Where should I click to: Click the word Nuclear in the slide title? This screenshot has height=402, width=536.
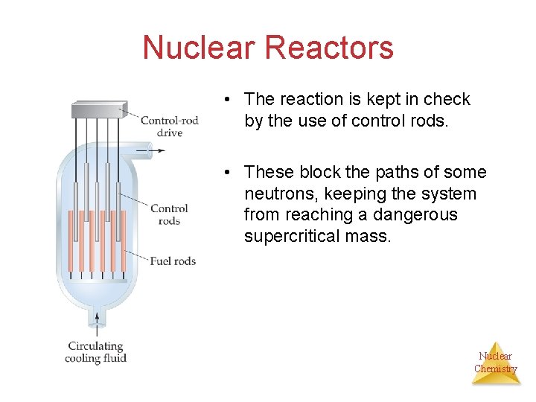pos(200,48)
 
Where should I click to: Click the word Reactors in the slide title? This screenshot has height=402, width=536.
pos(329,48)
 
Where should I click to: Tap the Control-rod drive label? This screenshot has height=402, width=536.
pos(170,127)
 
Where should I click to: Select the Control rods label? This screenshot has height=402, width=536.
pos(169,214)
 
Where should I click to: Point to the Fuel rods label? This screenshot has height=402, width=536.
pos(173,261)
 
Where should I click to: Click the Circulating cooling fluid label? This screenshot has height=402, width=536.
pos(95,351)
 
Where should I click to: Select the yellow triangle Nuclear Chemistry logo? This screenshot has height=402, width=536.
pos(496,364)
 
